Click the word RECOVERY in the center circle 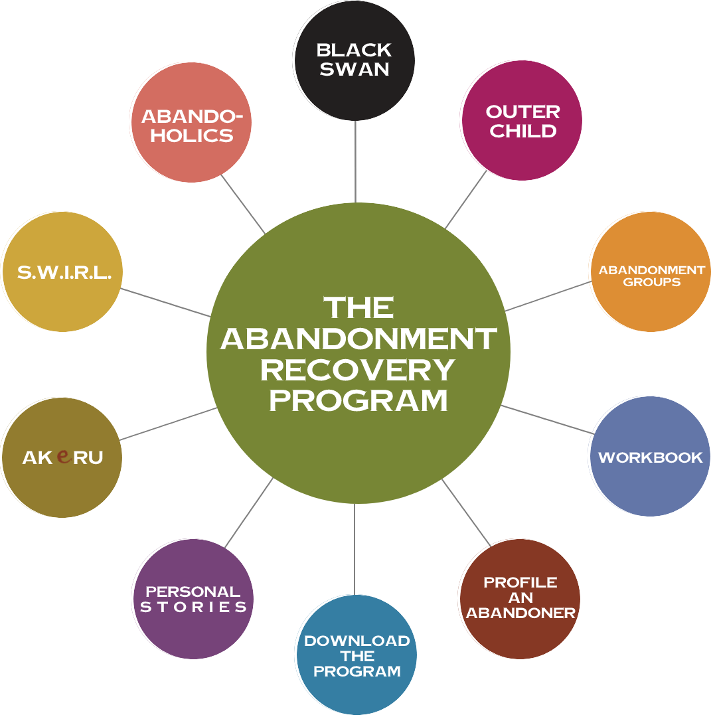[x=358, y=370]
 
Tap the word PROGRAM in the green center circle [x=358, y=400]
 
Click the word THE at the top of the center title [x=358, y=308]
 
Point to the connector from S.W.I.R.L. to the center [x=166, y=303]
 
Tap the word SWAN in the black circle [x=355, y=69]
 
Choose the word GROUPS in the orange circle [x=651, y=282]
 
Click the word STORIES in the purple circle [x=193, y=607]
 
